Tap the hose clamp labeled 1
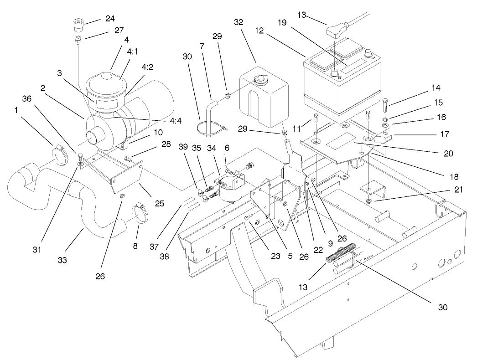(63, 152)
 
